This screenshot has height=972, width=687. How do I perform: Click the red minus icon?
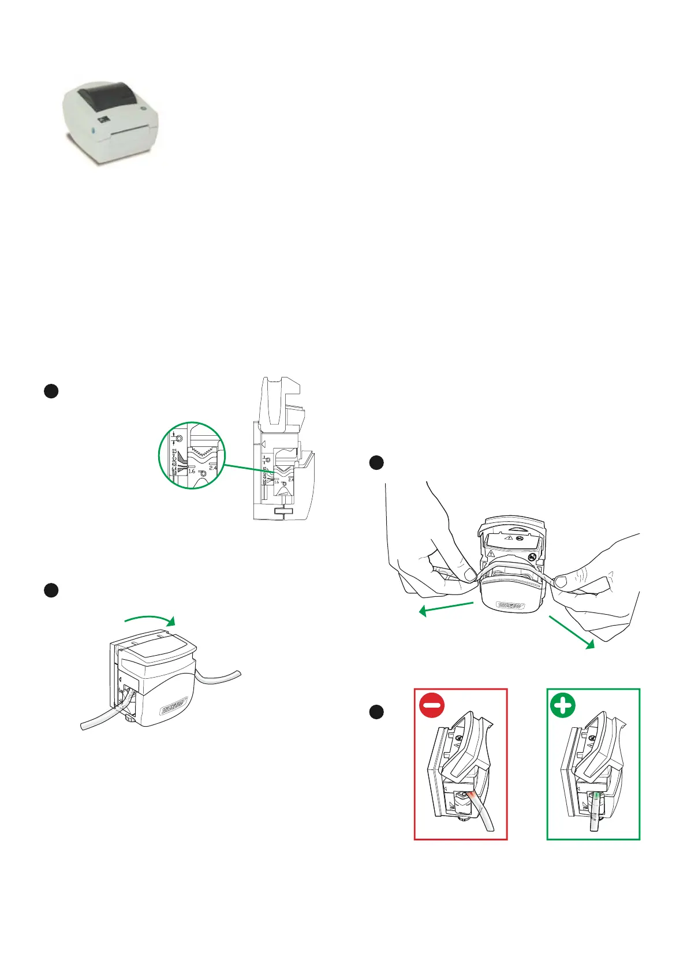pos(432,706)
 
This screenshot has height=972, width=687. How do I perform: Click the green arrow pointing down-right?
pos(572,633)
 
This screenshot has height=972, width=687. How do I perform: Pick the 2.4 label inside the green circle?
pos(213,468)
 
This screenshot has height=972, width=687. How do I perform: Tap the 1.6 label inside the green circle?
pos(192,472)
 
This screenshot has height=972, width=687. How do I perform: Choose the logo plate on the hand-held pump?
pos(510,605)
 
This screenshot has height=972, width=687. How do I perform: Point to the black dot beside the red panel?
pos(376,712)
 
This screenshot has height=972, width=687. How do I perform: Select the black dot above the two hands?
pos(376,462)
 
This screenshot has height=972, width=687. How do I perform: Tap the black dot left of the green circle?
pos(51,391)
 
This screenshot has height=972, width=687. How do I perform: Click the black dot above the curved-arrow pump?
pos(51,590)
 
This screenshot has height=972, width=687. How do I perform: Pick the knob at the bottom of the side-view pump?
pos(282,511)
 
